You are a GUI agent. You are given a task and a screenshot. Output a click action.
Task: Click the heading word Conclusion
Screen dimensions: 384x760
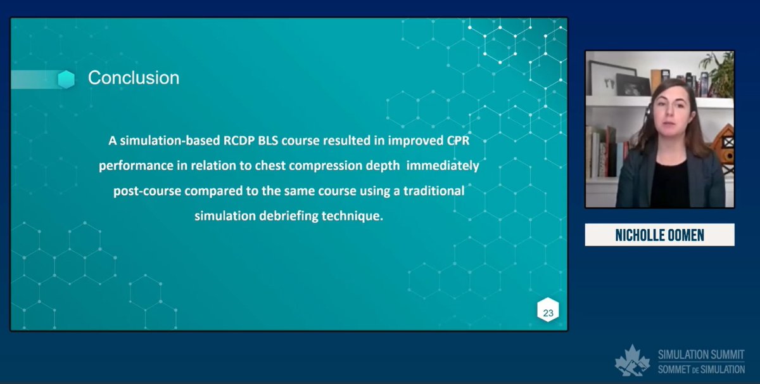133,78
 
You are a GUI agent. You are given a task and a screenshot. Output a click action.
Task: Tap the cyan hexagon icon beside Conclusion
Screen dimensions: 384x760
66,79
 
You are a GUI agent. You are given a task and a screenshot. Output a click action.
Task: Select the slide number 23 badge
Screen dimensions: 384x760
548,312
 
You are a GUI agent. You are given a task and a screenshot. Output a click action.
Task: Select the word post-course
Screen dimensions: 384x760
144,191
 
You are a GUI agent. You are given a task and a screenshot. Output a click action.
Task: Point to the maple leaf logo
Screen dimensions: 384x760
632,361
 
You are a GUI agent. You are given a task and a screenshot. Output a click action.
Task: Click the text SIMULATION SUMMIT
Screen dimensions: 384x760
701,355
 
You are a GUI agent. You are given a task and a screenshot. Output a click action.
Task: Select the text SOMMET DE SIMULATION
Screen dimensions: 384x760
701,368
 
